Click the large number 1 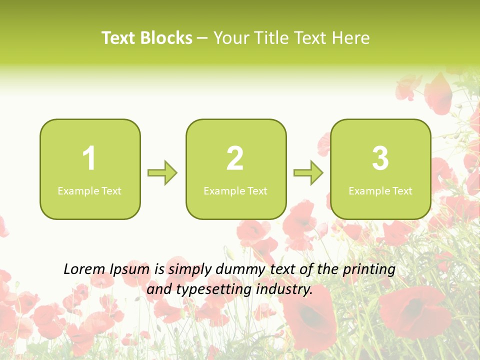pos(89,159)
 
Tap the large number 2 pos(235,159)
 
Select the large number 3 pos(380,159)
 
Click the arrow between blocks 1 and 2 pos(162,173)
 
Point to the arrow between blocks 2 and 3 pos(308,173)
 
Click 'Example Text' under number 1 pos(89,191)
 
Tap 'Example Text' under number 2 pos(235,191)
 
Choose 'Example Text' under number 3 pos(380,191)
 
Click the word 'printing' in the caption pos(369,270)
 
